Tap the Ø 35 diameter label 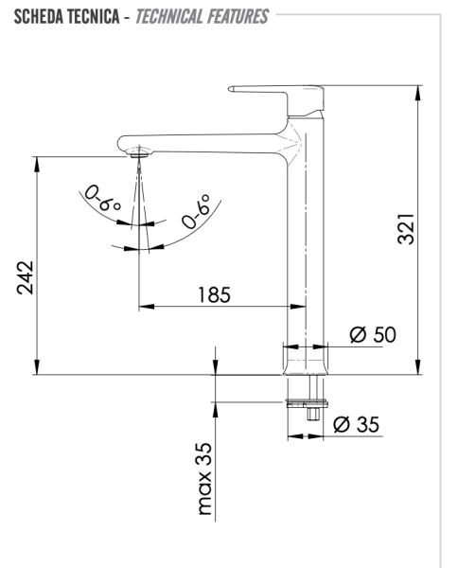pos(357,424)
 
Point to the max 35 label pos(205,478)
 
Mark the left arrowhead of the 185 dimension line pos(145,307)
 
